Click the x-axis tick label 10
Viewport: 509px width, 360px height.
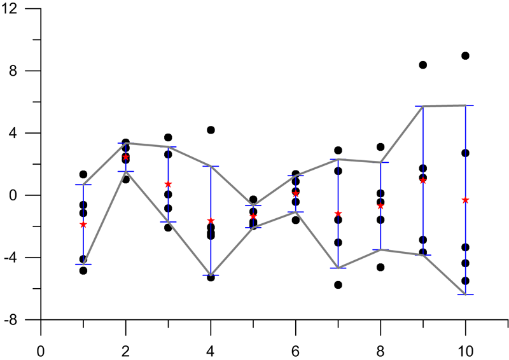coord(465,350)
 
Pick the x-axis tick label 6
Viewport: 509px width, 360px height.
coord(295,350)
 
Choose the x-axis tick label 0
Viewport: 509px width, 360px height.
coord(41,350)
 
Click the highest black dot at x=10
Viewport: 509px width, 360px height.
coord(465,56)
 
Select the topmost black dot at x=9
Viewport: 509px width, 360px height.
coord(422,65)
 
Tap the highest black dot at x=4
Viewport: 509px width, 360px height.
coord(211,130)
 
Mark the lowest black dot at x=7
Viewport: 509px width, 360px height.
coord(338,285)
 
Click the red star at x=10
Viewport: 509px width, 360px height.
coord(465,200)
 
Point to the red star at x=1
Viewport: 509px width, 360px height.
coord(83,225)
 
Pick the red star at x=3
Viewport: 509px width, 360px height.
coord(168,184)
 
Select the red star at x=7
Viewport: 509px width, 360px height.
coord(338,214)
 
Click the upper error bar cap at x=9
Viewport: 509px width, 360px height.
coord(422,106)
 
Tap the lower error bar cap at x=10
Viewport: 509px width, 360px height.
coord(465,294)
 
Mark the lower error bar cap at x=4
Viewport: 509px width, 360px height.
coord(211,275)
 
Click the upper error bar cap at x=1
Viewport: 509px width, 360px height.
coord(83,184)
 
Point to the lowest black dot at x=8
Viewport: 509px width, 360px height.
coord(380,267)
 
